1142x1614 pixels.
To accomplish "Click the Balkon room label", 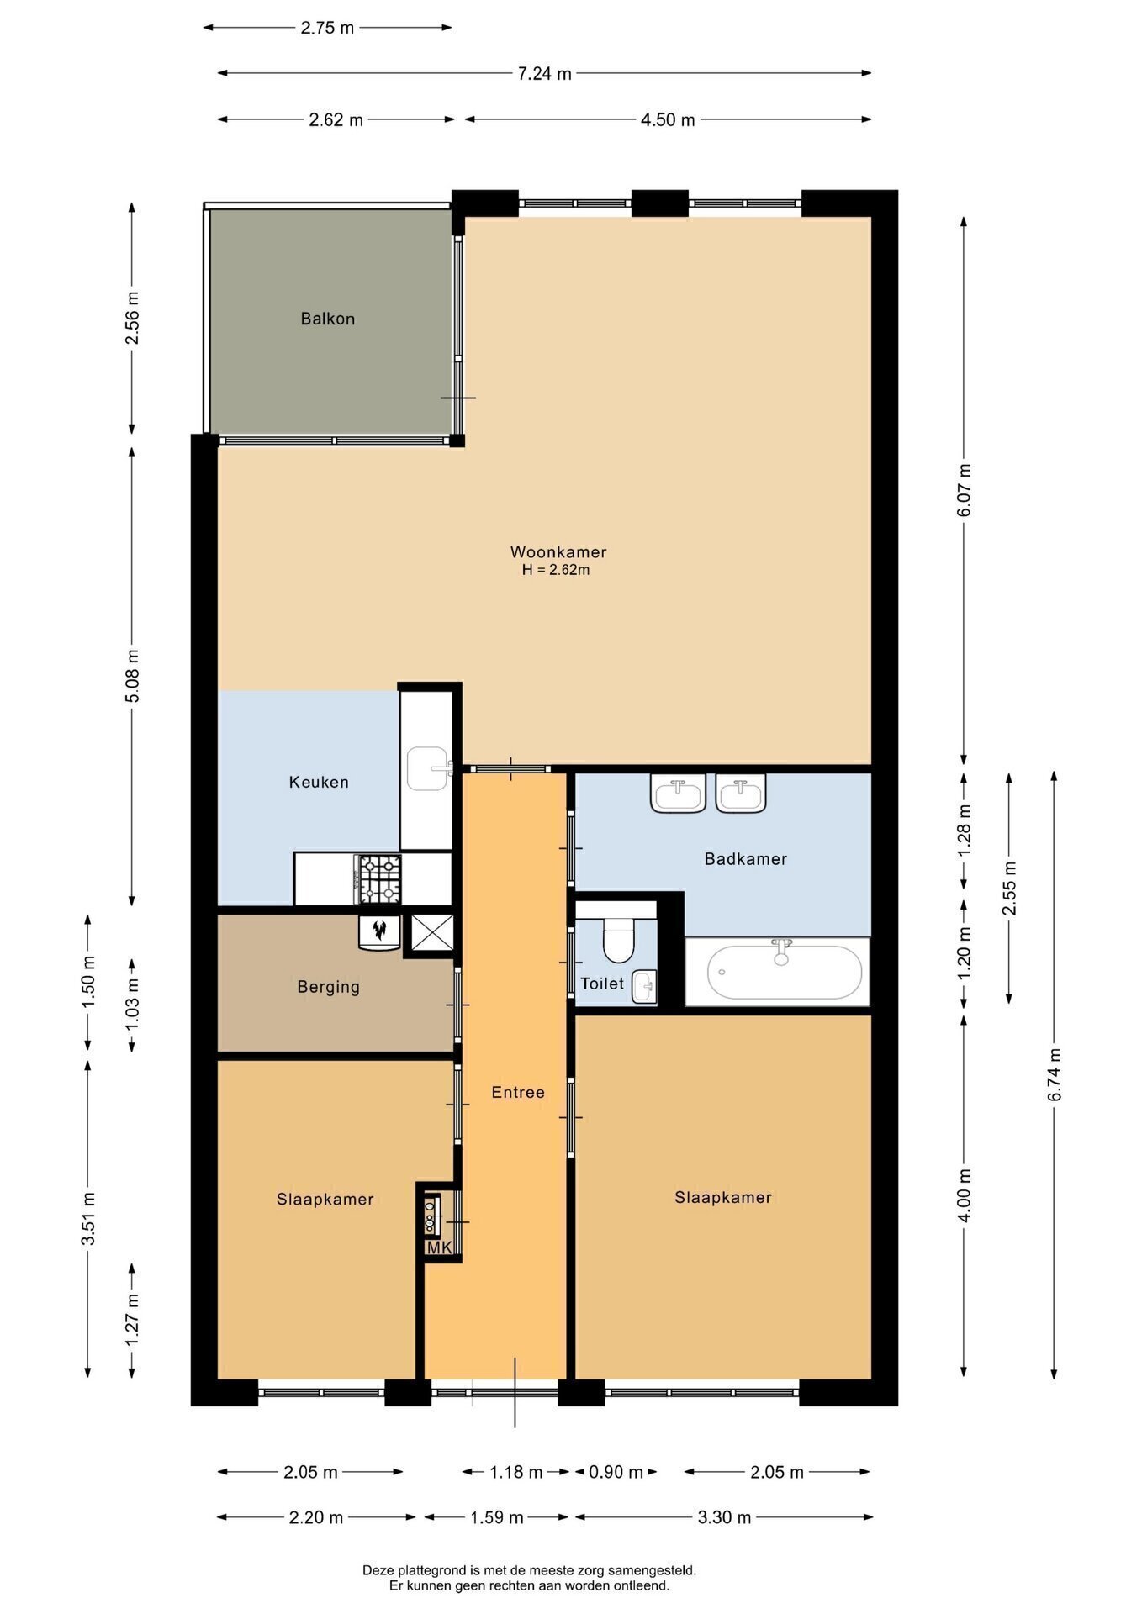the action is tap(328, 319).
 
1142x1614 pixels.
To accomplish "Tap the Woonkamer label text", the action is tap(558, 552).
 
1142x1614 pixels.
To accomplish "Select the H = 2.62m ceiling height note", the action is tap(556, 570).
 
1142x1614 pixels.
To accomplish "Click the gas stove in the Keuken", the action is tap(380, 878).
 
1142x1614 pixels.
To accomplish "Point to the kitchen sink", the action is tap(429, 768).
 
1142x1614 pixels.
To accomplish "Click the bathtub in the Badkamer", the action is tap(785, 971).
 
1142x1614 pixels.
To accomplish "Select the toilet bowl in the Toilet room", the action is tap(618, 940).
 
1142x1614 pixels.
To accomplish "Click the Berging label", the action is tap(328, 987).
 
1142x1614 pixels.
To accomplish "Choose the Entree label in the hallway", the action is tap(518, 1092).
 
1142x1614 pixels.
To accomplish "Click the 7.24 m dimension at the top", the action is tap(544, 74).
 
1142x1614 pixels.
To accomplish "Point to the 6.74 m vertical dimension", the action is tap(1055, 1073).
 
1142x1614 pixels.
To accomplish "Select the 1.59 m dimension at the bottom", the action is tap(496, 1517).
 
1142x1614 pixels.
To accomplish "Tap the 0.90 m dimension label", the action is tap(616, 1472).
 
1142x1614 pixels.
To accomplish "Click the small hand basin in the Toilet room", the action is tap(644, 986).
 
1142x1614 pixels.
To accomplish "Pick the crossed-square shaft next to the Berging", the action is tap(432, 932).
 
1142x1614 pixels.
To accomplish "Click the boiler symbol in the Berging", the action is tap(379, 931).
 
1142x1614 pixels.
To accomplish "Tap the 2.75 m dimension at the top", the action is tap(327, 28).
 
